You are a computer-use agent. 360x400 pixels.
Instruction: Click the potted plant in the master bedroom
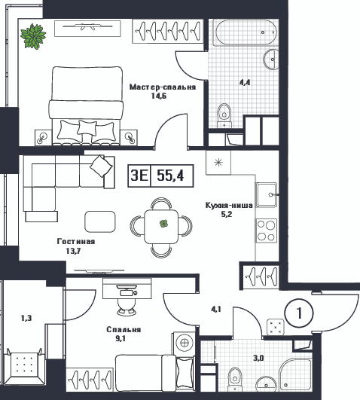tap(33, 35)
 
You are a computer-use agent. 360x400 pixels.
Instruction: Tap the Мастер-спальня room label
tap(163, 87)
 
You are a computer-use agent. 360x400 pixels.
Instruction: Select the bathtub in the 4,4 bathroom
tap(246, 32)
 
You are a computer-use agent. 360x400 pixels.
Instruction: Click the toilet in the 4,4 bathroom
tap(224, 115)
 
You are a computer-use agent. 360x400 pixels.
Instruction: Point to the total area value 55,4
tap(170, 176)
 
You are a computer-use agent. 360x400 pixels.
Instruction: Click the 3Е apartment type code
tap(139, 176)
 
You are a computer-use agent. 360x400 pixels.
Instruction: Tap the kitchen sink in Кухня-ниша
tap(267, 194)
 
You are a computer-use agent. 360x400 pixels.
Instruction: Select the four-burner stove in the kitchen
tap(267, 231)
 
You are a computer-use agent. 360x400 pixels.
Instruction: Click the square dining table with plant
tap(161, 227)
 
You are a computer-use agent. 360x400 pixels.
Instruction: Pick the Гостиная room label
tap(76, 241)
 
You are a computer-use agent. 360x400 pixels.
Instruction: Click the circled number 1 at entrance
tap(299, 313)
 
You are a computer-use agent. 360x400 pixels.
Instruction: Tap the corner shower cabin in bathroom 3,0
tap(295, 374)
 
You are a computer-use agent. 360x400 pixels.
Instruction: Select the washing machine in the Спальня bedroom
tap(184, 343)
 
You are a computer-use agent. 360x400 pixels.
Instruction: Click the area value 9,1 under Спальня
tap(121, 338)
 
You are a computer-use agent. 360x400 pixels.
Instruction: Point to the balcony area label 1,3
tap(26, 318)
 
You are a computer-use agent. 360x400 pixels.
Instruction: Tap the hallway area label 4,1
tap(216, 310)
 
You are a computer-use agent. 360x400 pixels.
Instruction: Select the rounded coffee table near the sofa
tap(99, 221)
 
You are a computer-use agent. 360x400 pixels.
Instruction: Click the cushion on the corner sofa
tap(101, 166)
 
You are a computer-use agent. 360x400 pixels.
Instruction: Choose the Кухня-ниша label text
tap(229, 206)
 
